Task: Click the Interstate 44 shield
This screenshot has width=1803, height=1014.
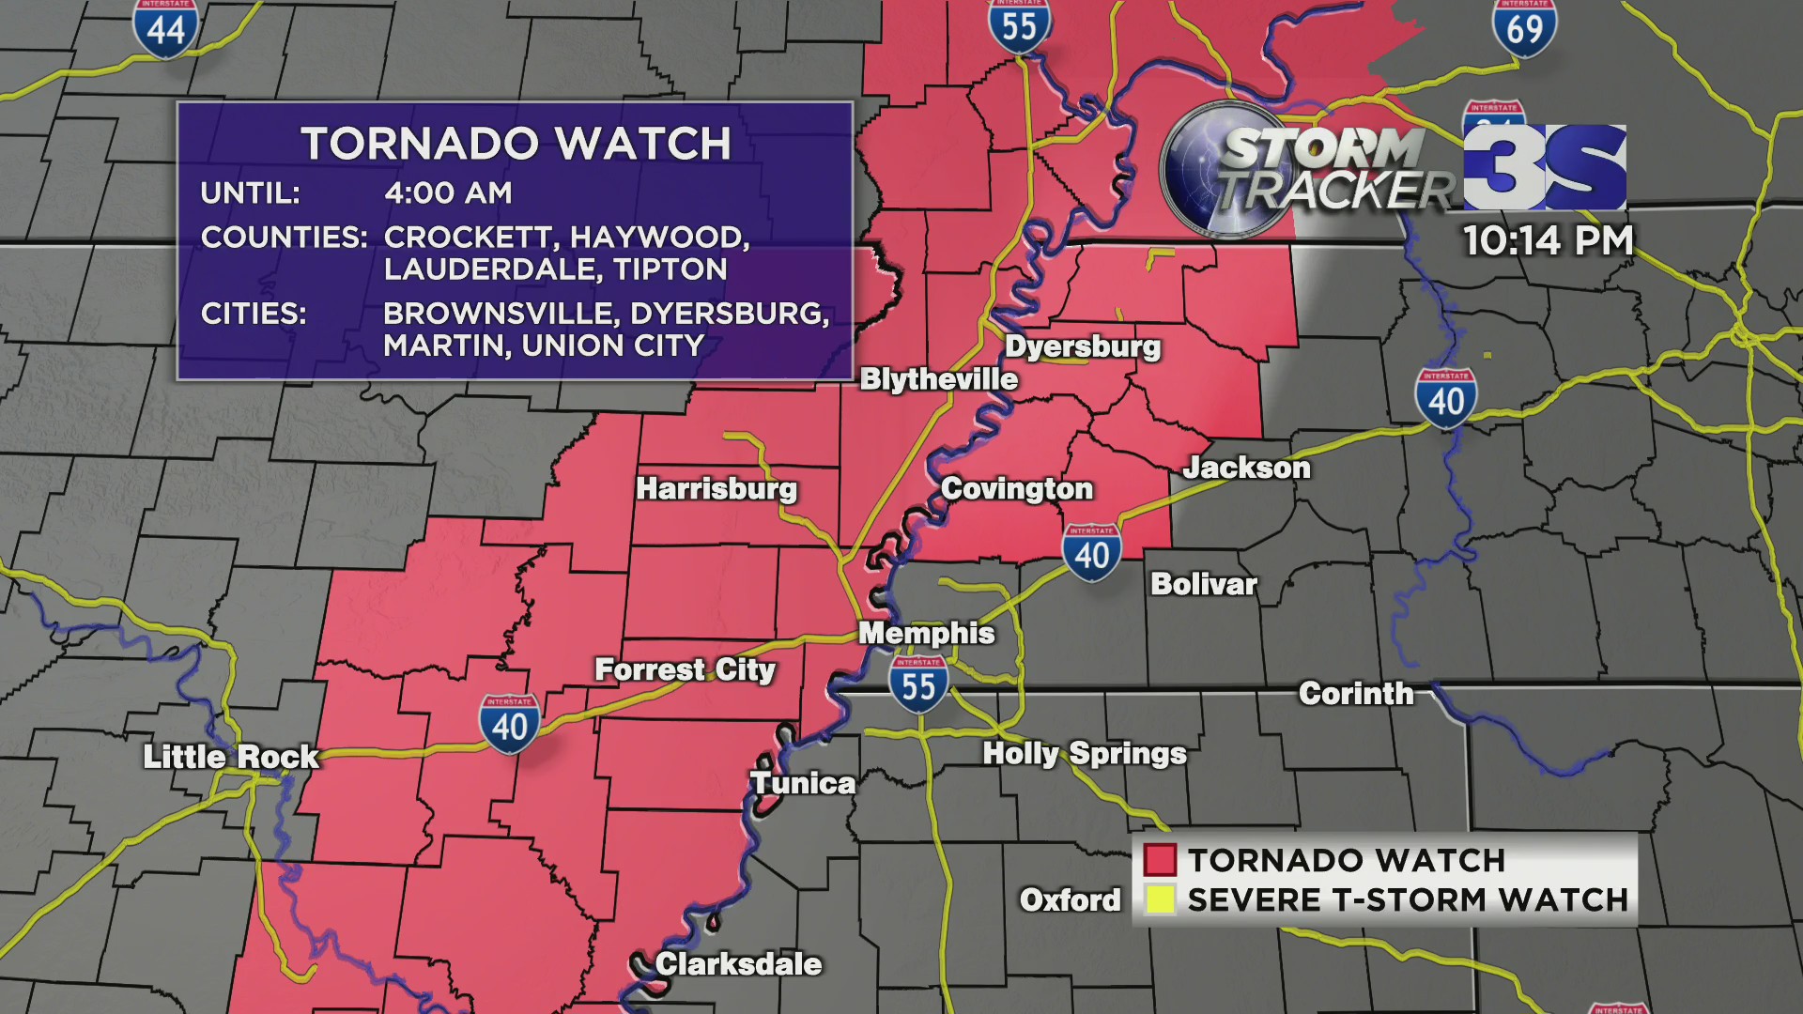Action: pos(165,28)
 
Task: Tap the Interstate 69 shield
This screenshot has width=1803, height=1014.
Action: pos(1524,28)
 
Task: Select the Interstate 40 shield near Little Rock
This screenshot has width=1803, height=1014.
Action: pos(509,724)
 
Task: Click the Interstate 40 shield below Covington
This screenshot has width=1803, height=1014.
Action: pos(1091,553)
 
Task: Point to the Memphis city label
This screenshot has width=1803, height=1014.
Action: pos(926,634)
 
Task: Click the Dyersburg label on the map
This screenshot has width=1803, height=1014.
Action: pos(1083,346)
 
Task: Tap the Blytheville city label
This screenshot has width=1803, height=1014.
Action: pos(938,379)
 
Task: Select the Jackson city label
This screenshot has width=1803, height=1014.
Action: pos(1246,468)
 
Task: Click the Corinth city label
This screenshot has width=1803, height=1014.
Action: pos(1355,694)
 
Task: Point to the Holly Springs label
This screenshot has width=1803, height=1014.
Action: pos(1085,754)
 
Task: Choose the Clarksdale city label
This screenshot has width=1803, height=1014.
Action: pos(738,964)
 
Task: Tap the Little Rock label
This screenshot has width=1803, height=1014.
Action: pos(231,757)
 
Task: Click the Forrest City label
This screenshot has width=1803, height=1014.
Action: pos(685,670)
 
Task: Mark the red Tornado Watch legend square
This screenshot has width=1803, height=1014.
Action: pos(1160,860)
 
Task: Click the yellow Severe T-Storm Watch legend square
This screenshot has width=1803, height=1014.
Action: pos(1160,899)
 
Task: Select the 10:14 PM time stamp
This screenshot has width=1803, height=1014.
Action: pos(1548,240)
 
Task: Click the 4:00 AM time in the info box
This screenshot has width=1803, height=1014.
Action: pos(448,193)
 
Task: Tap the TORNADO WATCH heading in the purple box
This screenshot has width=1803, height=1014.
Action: pos(516,145)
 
